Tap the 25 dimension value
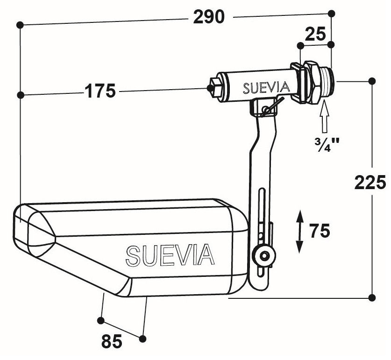point(316,34)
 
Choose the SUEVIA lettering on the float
point(170,254)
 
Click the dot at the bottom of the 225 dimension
point(372,297)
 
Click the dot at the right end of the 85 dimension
point(142,338)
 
